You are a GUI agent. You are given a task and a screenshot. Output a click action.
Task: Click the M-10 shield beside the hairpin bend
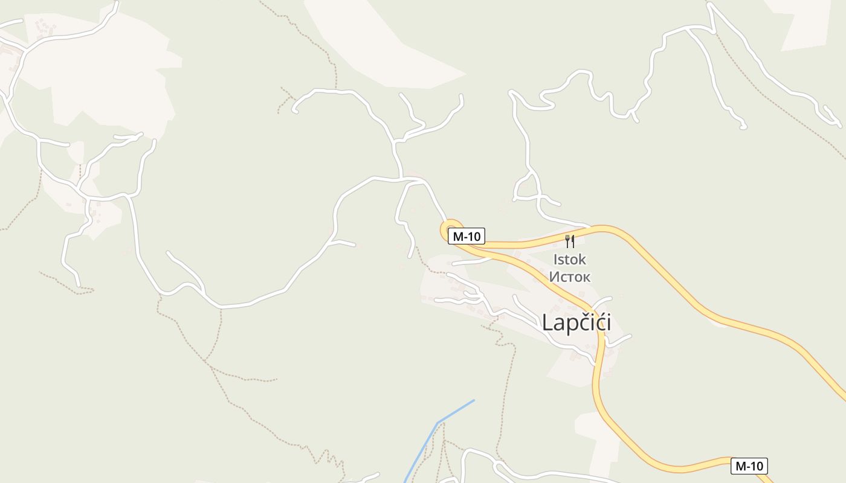click(467, 237)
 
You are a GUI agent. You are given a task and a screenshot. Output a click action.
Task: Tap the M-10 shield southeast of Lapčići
click(749, 466)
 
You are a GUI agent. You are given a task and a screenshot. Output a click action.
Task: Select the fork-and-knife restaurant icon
click(569, 241)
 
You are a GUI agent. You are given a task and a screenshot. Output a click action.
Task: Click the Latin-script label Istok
click(569, 260)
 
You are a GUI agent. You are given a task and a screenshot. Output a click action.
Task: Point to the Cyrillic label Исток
click(569, 277)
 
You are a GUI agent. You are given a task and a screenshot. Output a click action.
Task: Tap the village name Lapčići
click(576, 322)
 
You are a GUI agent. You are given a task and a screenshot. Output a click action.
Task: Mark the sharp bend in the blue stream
click(438, 423)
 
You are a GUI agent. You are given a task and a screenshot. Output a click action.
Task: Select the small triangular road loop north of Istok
click(527, 187)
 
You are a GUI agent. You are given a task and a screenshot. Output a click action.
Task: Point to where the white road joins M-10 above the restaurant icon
click(589, 228)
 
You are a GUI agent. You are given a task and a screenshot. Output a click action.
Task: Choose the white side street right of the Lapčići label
click(619, 341)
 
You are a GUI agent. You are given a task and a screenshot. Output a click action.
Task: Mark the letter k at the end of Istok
click(582, 260)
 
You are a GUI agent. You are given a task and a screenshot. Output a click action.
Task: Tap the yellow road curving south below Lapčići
click(598, 386)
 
